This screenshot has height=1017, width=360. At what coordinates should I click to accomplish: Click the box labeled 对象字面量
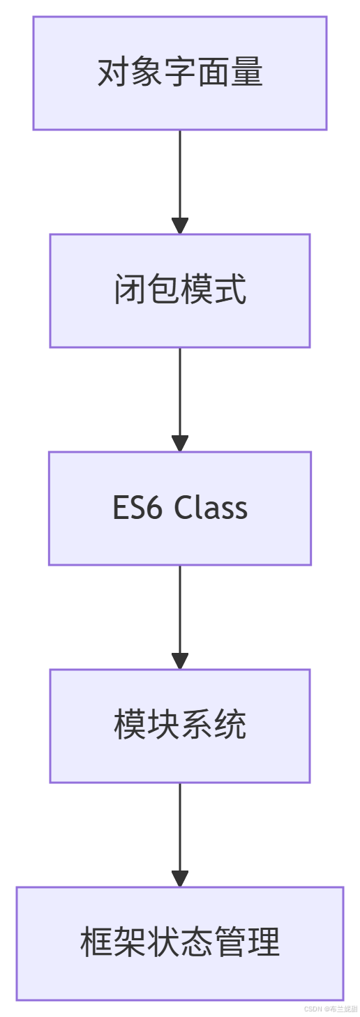[x=180, y=73]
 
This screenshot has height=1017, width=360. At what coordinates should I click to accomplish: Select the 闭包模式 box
[x=180, y=291]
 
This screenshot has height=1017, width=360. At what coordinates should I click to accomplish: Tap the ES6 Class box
[x=180, y=508]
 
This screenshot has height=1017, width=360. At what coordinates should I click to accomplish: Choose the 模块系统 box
[x=180, y=725]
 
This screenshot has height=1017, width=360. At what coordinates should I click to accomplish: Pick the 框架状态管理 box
[x=180, y=943]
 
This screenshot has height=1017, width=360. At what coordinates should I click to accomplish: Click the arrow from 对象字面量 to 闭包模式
[x=180, y=182]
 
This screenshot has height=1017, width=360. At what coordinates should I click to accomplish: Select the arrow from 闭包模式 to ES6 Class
[x=180, y=400]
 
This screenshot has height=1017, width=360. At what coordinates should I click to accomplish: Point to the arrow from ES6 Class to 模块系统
[x=180, y=617]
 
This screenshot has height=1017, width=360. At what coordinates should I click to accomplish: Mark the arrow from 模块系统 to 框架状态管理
[x=180, y=834]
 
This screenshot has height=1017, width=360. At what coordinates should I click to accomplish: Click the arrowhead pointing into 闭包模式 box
[x=180, y=225]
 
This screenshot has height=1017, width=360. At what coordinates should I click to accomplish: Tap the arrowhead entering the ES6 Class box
[x=180, y=443]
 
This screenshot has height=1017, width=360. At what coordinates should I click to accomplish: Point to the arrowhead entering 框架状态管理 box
[x=180, y=878]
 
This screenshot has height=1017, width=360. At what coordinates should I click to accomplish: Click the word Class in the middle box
[x=211, y=507]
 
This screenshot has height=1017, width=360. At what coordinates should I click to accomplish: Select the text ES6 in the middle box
[x=137, y=507]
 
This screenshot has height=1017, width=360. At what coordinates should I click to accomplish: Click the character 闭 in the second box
[x=130, y=289]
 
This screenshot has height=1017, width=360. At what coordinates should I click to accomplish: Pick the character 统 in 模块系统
[x=230, y=724]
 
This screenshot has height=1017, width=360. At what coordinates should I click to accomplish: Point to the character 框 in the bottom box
[x=96, y=942]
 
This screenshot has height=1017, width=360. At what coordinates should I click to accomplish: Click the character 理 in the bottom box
[x=263, y=942]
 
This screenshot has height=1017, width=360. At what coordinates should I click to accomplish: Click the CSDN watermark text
[x=331, y=1009]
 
